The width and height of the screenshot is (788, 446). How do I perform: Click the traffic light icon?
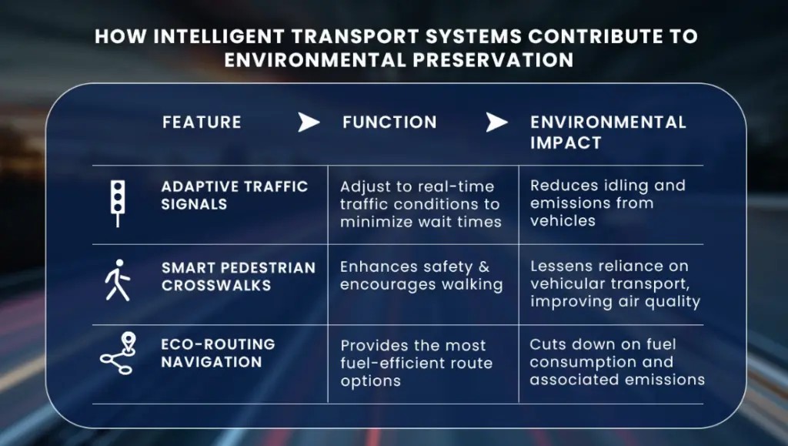pyautogui.click(x=117, y=202)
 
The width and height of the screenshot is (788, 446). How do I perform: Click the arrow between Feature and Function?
pyautogui.click(x=309, y=122)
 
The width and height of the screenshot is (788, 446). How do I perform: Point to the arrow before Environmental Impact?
pyautogui.click(x=497, y=122)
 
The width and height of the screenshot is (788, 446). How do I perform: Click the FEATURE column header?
pyautogui.click(x=202, y=122)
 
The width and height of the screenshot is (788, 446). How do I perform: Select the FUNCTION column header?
pyautogui.click(x=389, y=122)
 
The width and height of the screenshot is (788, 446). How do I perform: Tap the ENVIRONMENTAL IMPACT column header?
pyautogui.click(x=608, y=132)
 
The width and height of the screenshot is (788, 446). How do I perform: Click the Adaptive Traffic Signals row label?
pyautogui.click(x=234, y=195)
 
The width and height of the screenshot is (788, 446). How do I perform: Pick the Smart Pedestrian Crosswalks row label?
pyautogui.click(x=238, y=276)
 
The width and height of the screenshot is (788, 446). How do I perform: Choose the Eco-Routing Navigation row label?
pyautogui.click(x=218, y=352)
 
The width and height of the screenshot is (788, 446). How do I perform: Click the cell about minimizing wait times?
pyautogui.click(x=420, y=204)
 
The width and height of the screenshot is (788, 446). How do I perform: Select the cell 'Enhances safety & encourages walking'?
pyautogui.click(x=422, y=275)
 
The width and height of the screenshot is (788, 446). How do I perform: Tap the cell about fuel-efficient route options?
pyautogui.click(x=416, y=362)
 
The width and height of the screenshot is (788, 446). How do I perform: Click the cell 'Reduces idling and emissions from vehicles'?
pyautogui.click(x=607, y=203)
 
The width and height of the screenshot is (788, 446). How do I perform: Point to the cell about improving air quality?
pyautogui.click(x=615, y=283)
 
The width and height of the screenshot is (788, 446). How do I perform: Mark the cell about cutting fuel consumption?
pyautogui.click(x=617, y=362)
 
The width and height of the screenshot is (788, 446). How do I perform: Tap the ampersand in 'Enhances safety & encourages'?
pyautogui.click(x=482, y=267)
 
